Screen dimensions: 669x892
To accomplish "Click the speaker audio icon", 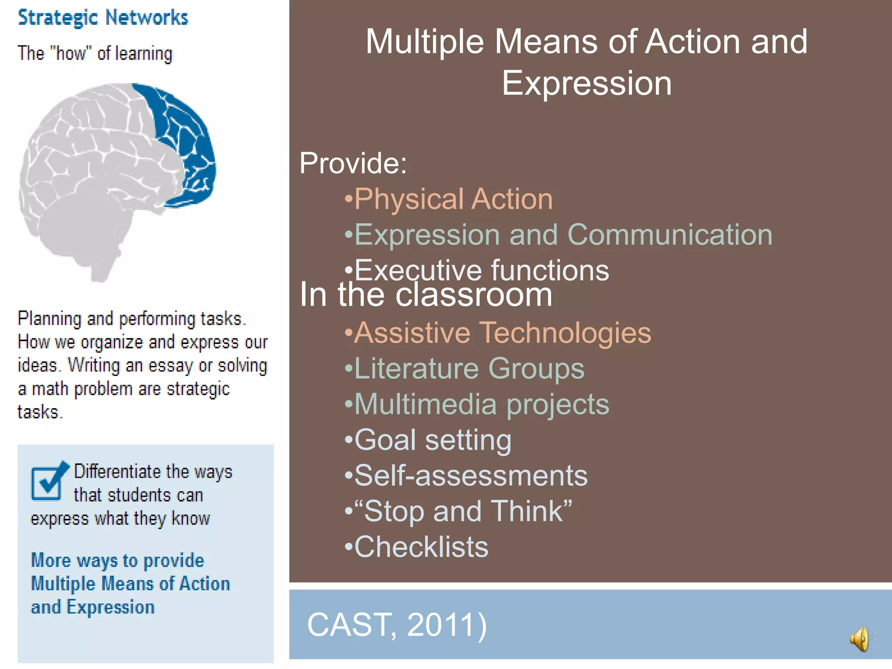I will (x=860, y=639).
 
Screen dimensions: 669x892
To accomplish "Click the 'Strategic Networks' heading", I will (x=103, y=18).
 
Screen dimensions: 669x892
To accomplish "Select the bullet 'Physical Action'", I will (x=453, y=199).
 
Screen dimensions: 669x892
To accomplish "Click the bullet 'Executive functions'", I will (x=481, y=270).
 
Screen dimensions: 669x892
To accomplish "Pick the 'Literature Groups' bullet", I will (x=469, y=369).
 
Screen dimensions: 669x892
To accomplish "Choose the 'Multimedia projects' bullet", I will (x=481, y=405).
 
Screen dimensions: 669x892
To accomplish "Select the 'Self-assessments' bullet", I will (x=470, y=476).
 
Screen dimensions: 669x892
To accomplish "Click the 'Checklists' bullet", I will (x=421, y=547).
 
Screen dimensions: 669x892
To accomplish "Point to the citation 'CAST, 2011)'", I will (x=397, y=625).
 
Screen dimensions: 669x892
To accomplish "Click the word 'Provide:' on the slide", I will (x=353, y=163).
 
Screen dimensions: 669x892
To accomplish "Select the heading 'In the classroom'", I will (x=426, y=295).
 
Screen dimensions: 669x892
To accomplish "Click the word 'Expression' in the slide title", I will (x=586, y=83).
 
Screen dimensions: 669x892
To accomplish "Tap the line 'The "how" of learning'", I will (x=95, y=54).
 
